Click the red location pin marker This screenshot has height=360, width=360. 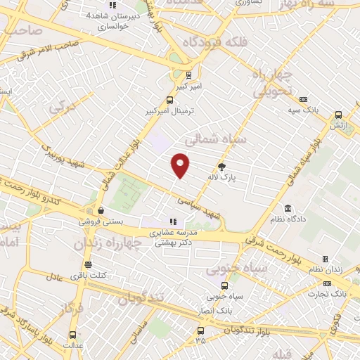181,165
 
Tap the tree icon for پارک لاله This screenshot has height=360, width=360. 222,167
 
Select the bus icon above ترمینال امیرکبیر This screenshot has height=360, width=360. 169,100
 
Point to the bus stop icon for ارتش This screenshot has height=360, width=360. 338,115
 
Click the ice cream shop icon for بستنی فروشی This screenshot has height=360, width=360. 101,210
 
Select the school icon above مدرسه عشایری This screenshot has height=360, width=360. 172,221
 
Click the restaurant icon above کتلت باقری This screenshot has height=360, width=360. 88,265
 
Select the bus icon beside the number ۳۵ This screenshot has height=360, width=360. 201,330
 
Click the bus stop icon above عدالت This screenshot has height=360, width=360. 74,335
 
